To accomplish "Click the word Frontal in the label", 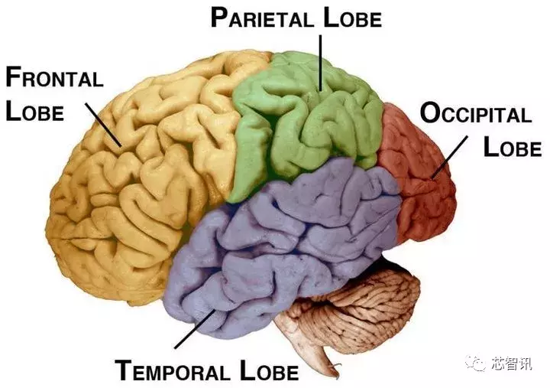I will (x=54, y=78).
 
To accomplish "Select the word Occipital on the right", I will (x=475, y=115).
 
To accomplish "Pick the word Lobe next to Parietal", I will (x=349, y=18).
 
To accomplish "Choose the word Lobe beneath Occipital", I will (x=511, y=146).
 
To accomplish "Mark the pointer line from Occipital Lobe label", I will (x=451, y=158).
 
